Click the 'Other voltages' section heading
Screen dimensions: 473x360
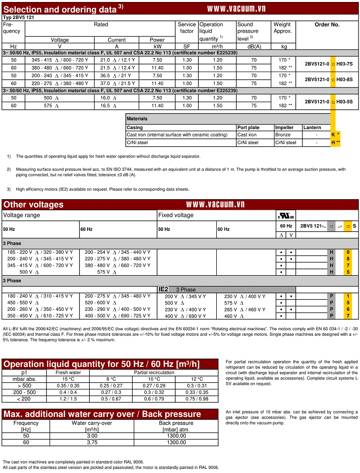(34, 204)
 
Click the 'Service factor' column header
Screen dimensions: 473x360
(187, 28)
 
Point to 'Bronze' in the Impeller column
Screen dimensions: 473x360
(283, 135)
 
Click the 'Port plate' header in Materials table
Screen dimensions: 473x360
(248, 128)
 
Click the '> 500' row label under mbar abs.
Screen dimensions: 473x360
(24, 385)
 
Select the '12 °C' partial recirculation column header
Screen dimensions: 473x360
(197, 378)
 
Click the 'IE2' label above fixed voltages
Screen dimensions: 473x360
(164, 289)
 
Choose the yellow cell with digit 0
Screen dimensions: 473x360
(348, 251)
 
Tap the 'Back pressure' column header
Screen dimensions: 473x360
(176, 423)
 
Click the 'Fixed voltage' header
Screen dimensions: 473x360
(176, 215)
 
